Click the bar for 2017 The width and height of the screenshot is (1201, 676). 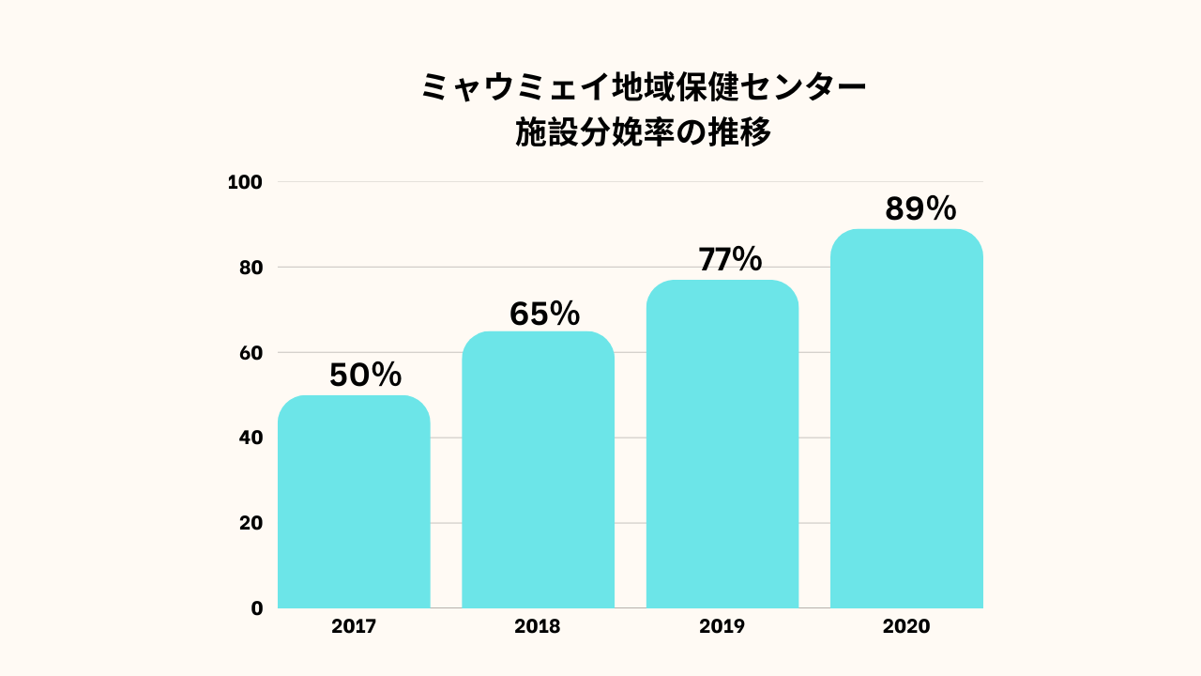pos(354,502)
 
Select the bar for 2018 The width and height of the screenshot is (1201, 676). pos(538,469)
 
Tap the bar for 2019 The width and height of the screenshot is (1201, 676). pos(722,444)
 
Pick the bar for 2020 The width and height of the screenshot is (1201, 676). pos(906,419)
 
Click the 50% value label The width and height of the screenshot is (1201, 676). pos(365,376)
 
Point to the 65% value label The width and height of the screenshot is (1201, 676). pos(544,314)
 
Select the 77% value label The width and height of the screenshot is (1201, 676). pos(729,259)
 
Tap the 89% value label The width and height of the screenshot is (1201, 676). pos(920,208)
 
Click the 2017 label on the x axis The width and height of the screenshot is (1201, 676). pos(354,626)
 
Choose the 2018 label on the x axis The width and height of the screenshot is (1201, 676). pos(538,626)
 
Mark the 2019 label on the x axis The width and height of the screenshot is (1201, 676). pos(722,626)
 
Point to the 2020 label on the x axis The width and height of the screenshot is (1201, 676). pos(906,626)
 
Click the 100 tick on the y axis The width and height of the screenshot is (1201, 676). pos(245,182)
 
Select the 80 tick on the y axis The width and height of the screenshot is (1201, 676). pos(250,268)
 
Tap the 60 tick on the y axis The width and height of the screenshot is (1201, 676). pos(250,353)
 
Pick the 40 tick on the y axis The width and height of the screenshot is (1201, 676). pos(250,438)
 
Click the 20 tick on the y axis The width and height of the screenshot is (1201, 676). pos(250,523)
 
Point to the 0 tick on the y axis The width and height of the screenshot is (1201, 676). pos(256,608)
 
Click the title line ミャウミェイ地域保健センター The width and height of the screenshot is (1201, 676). pos(643,88)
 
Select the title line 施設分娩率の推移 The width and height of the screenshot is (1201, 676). pos(643,133)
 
